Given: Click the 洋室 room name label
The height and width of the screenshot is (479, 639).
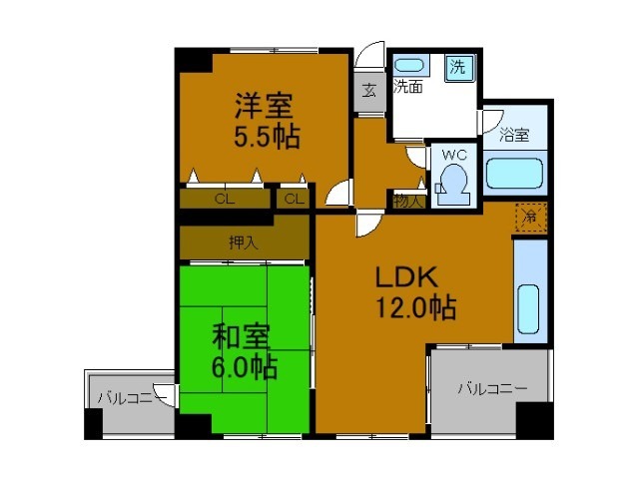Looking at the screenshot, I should (x=265, y=103).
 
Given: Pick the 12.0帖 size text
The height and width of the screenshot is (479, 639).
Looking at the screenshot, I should (x=415, y=308).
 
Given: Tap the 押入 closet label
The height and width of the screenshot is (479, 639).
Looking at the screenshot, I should (x=243, y=241).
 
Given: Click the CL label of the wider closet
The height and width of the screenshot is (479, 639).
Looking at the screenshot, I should (x=225, y=199).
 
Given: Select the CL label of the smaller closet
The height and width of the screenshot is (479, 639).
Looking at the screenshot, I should (x=294, y=199).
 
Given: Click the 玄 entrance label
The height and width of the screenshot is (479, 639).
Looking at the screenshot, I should (x=368, y=91).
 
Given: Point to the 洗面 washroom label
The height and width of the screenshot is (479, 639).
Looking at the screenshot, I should (x=406, y=88).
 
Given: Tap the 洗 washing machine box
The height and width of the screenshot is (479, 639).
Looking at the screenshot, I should (x=458, y=68).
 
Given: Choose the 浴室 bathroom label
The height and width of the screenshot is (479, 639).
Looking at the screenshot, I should (x=515, y=133).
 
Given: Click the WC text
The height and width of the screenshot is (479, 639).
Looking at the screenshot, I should (x=454, y=155).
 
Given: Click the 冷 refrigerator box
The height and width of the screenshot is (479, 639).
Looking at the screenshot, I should (x=531, y=217).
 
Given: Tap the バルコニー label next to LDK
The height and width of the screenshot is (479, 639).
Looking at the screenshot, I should (x=489, y=388).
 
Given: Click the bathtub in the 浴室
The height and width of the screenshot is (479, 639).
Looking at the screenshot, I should (x=515, y=174).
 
